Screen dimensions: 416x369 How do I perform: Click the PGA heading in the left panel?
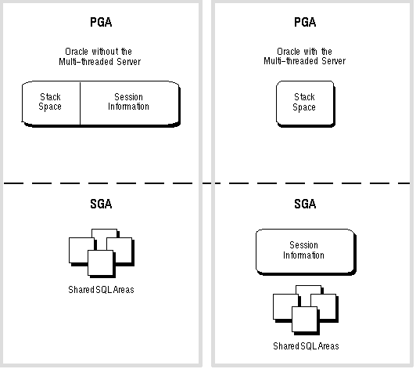[x=101, y=22]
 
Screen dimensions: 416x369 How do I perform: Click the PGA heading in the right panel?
[x=305, y=22]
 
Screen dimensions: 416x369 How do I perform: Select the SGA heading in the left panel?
[x=101, y=204]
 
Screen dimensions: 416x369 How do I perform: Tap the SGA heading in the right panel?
[x=305, y=204]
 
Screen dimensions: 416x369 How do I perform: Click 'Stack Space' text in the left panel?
[x=50, y=102]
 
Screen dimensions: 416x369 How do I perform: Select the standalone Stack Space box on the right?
[x=306, y=103]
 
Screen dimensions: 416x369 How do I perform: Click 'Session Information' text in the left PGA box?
[x=128, y=102]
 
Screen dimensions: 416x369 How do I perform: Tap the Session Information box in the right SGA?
[x=306, y=251]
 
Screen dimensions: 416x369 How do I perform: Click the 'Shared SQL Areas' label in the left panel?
[x=101, y=289]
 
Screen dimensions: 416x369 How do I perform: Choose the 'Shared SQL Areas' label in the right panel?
[x=306, y=345]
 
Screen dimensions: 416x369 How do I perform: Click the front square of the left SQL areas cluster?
[x=101, y=262]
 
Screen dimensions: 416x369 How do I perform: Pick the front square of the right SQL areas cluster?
[x=305, y=319]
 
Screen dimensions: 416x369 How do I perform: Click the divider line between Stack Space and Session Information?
[x=80, y=103]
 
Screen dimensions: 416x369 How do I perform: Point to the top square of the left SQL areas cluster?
[x=104, y=233]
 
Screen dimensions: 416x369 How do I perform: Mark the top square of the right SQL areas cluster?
[x=309, y=290]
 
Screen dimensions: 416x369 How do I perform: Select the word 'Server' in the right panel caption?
[x=333, y=61]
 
